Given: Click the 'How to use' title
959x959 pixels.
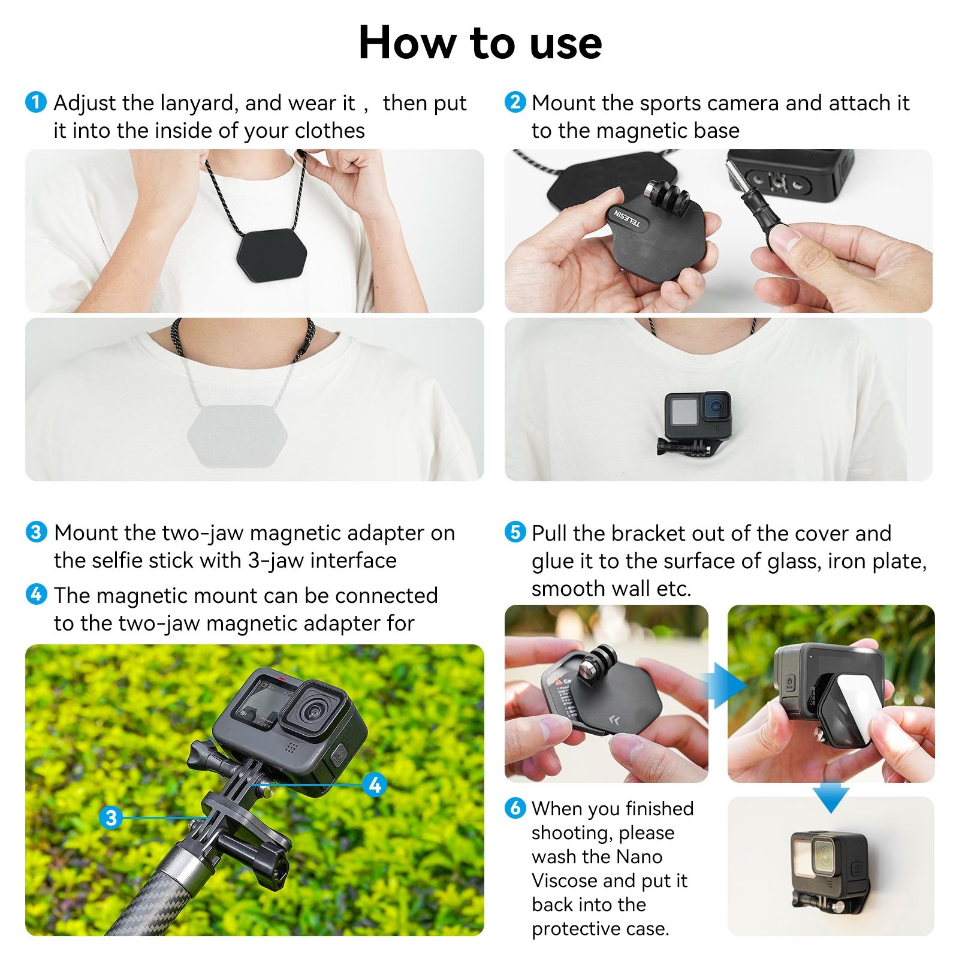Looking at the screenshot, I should [479, 43].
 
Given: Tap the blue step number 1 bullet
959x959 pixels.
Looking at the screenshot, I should [36, 102].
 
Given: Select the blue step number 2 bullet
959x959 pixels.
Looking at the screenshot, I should [515, 102].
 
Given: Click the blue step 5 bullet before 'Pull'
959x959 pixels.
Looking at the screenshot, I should [515, 532].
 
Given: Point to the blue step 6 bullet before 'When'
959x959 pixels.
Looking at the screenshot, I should [515, 808].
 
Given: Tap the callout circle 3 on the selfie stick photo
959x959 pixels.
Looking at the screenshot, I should [111, 817].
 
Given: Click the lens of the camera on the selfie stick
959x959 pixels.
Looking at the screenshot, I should [315, 711].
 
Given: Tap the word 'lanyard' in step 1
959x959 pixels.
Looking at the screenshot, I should [199, 104].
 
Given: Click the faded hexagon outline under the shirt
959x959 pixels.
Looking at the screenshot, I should [238, 432].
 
